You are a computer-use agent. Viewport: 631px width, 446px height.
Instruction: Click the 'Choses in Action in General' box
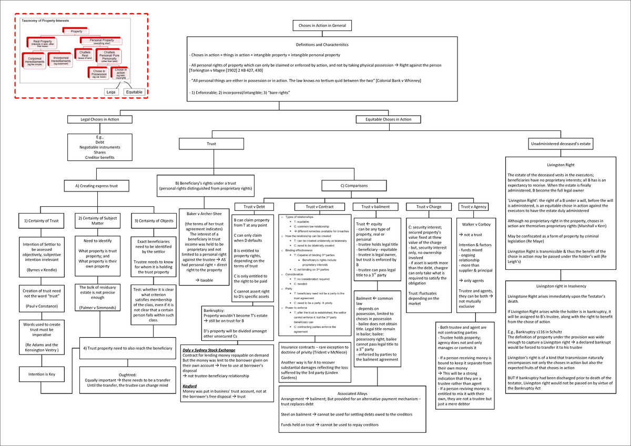point(319,25)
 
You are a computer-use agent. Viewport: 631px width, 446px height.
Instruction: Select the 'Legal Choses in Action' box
point(99,119)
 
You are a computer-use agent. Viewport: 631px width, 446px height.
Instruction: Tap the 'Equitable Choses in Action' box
point(388,119)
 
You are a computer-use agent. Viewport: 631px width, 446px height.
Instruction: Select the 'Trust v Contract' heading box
point(319,207)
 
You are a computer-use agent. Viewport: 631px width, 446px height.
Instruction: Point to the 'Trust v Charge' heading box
point(429,207)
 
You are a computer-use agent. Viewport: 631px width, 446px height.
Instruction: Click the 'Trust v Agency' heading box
point(472,207)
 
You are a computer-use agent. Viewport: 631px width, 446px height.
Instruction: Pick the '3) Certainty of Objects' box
point(154,220)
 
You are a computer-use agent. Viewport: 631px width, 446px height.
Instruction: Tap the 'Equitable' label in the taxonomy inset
point(134,92)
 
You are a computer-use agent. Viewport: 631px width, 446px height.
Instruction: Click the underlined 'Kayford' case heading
point(190,386)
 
